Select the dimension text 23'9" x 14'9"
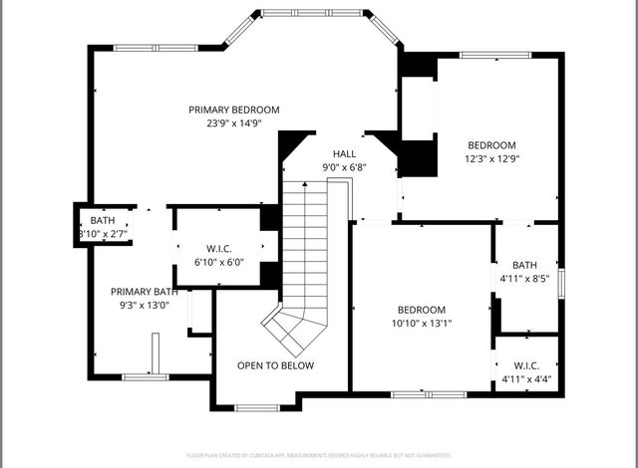coord(234,123)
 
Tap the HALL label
coord(344,153)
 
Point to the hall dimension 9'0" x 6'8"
coord(344,167)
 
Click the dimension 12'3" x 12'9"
coord(491,157)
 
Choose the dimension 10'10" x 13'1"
coord(422,324)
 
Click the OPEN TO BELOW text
coord(275,365)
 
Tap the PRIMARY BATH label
coord(145,292)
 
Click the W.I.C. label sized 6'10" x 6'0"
coord(218,249)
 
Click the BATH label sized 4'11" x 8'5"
coord(524,265)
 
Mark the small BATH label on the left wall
coord(103,220)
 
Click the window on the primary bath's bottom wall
coord(144,377)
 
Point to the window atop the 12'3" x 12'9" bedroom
coord(491,56)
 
